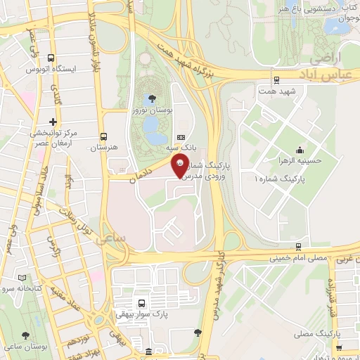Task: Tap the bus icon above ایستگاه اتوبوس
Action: coord(51,58)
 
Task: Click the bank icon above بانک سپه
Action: coord(181,137)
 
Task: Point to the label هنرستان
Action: coord(103,148)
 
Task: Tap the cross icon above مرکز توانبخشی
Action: coord(53,121)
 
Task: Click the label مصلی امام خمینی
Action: coord(299,259)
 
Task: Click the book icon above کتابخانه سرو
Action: coord(27,278)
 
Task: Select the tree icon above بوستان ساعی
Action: coord(26,336)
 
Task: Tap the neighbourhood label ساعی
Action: coord(114,239)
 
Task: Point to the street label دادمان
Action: coord(143,173)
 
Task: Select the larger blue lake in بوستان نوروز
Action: coord(150,124)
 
